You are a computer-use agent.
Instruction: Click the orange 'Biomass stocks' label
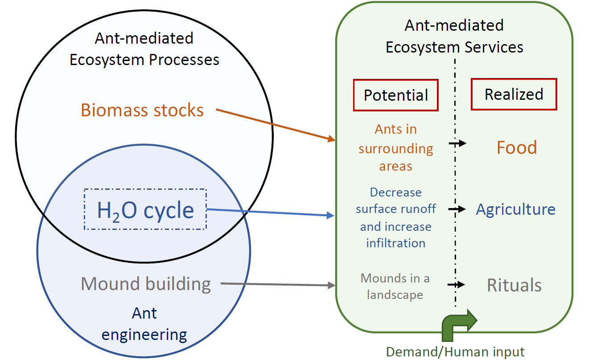click(x=142, y=110)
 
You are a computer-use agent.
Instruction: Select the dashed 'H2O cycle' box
click(x=145, y=209)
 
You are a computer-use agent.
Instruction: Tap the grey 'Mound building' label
click(x=146, y=284)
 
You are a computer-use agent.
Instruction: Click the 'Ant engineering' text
click(x=144, y=324)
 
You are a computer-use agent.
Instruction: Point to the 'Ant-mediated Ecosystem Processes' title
click(x=144, y=49)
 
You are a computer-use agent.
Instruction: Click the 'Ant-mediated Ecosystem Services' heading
click(x=454, y=36)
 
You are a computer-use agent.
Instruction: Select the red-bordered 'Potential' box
click(x=395, y=95)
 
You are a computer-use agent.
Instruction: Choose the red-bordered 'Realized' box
click(x=514, y=94)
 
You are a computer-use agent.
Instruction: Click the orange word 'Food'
click(x=517, y=147)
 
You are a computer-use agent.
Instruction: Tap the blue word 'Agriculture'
click(x=515, y=209)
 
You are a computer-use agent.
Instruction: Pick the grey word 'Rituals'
click(x=514, y=285)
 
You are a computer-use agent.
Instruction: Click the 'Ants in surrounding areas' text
click(x=395, y=148)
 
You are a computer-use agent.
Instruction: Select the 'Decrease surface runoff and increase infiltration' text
click(x=395, y=218)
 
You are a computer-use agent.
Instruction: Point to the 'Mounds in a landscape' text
click(x=395, y=286)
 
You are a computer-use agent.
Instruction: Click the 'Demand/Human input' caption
click(x=455, y=352)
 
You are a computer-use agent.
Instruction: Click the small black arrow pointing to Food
click(x=457, y=143)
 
